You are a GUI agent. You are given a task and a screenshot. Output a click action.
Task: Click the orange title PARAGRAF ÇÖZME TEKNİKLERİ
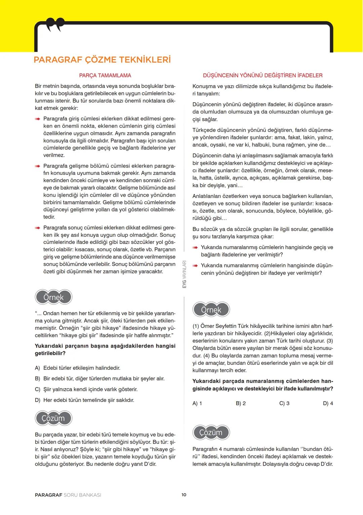pyautogui.click(x=102, y=60)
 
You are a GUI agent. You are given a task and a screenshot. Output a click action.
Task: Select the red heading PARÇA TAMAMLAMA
pyautogui.click(x=105, y=75)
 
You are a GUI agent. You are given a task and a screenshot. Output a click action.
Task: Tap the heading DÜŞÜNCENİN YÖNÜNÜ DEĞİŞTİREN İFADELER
pyautogui.click(x=263, y=75)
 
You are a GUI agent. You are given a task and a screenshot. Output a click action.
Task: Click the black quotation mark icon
pyautogui.click(x=55, y=25)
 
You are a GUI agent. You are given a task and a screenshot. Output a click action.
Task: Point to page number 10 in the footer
pyautogui.click(x=184, y=495)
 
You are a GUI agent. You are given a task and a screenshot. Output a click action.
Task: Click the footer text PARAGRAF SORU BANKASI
pyautogui.click(x=68, y=495)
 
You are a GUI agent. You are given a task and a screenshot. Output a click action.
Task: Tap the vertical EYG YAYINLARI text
pyautogui.click(x=184, y=274)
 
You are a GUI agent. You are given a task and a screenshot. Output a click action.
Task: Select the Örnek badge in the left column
pyautogui.click(x=54, y=297)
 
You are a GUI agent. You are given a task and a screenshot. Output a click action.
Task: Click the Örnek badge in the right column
pyautogui.click(x=211, y=310)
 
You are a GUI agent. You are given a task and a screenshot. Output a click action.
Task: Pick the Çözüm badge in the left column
pyautogui.click(x=54, y=418)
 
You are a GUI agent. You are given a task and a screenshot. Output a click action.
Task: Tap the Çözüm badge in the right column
pyautogui.click(x=211, y=432)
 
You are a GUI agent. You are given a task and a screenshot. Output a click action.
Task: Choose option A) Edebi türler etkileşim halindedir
pyautogui.click(x=78, y=368)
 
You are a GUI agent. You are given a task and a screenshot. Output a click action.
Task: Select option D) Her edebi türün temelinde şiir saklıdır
pyautogui.click(x=84, y=400)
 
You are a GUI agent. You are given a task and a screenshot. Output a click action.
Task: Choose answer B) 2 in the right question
pyautogui.click(x=241, y=403)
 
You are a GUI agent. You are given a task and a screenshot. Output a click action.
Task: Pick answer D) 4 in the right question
pyautogui.click(x=328, y=403)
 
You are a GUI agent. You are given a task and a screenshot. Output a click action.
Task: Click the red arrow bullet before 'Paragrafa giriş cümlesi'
pyautogui.click(x=38, y=119)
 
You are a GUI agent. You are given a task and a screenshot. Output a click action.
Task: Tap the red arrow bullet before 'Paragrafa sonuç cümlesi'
pyautogui.click(x=38, y=228)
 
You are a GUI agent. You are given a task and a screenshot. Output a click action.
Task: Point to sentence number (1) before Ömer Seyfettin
pyautogui.click(x=196, y=326)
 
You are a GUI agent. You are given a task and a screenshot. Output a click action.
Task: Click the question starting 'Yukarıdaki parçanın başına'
pyautogui.click(x=105, y=350)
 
